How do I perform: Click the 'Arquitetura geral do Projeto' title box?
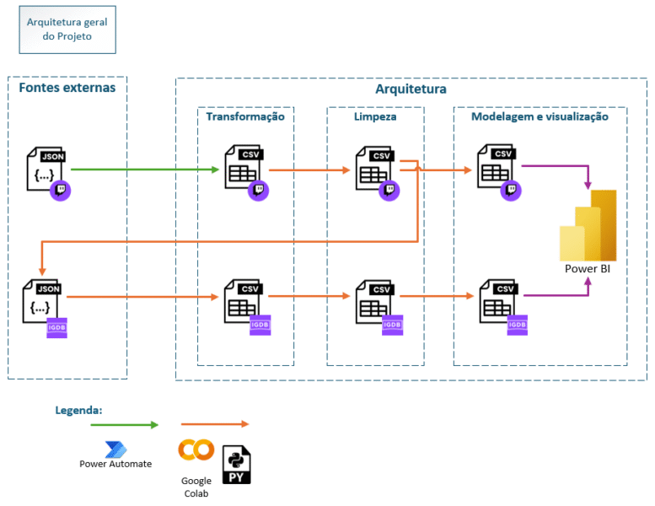(x=67, y=30)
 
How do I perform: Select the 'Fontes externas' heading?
(x=67, y=88)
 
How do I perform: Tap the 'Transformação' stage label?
(x=245, y=117)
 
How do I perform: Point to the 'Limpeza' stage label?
(x=375, y=117)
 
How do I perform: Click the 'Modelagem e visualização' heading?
(x=540, y=117)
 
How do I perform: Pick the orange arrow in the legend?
(x=215, y=424)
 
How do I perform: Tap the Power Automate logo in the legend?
(x=115, y=449)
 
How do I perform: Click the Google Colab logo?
(x=196, y=450)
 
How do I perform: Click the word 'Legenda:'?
(x=78, y=411)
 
